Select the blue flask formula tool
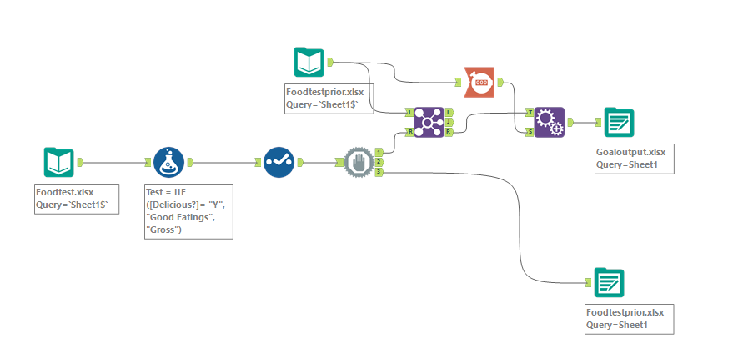point(169,162)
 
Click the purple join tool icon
point(428,122)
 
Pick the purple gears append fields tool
point(549,122)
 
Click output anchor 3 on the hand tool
point(379,172)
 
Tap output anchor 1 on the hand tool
point(379,152)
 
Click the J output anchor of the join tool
point(449,122)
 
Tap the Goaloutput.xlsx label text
point(630,153)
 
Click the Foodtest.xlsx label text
point(66,193)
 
